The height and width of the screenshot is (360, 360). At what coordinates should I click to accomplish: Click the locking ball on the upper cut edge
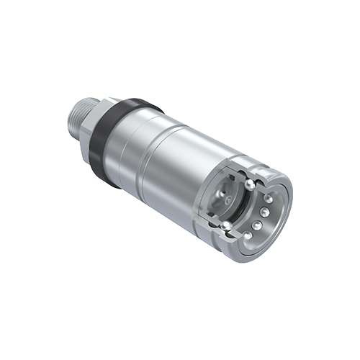click(249, 184)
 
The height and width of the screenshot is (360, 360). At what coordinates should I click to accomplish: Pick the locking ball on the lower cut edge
click(226, 226)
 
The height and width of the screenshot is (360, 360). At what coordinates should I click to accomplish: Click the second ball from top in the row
click(266, 212)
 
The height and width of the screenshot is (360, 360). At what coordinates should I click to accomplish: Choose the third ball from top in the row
click(258, 225)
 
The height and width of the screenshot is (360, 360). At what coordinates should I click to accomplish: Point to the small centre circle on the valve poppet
click(229, 198)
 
